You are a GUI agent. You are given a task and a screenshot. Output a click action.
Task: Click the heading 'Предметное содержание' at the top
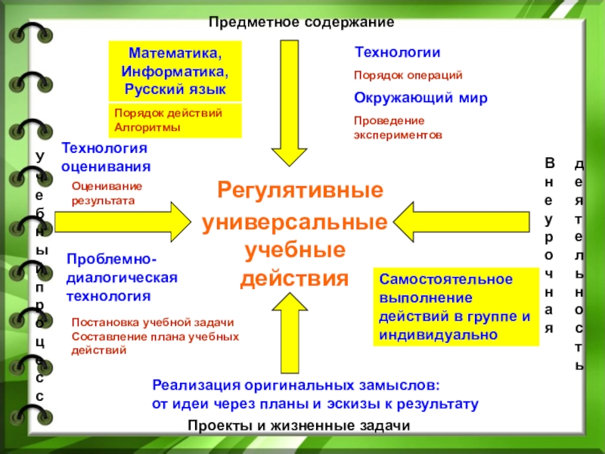(302, 23)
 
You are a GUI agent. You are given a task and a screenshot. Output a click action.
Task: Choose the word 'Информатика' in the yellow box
(175, 72)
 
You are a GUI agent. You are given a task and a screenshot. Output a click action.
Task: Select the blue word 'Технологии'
(398, 52)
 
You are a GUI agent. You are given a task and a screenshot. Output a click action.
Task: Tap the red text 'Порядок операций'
(408, 76)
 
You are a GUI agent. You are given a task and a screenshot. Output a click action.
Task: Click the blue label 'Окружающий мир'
(421, 98)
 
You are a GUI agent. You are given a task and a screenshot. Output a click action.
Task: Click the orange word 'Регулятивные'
(300, 189)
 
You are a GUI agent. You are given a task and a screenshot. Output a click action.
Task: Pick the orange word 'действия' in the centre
(295, 278)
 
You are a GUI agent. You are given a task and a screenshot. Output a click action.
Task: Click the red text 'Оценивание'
(107, 186)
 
